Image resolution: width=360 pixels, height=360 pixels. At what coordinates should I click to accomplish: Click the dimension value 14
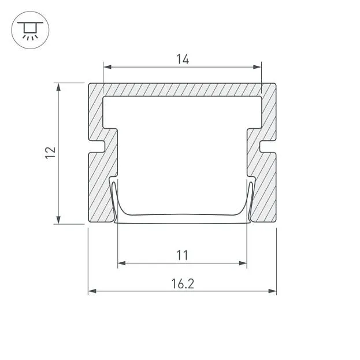point(183,59)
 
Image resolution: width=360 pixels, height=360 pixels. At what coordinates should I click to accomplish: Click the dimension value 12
point(50,153)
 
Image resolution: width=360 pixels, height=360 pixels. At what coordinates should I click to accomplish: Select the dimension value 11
point(182,255)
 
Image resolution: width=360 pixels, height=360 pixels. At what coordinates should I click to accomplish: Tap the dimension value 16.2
point(183,284)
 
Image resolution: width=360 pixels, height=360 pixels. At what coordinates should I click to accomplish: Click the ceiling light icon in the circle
point(30,31)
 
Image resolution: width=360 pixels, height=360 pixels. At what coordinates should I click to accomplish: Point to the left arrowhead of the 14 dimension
point(107,67)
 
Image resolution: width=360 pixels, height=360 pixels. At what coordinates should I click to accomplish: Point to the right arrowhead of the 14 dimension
point(257,67)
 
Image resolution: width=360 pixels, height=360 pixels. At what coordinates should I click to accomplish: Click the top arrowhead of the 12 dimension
point(58,87)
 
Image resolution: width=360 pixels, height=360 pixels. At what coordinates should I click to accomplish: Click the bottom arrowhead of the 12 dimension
point(58,220)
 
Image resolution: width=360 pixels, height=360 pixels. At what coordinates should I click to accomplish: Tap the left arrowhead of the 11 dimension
point(122,263)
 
